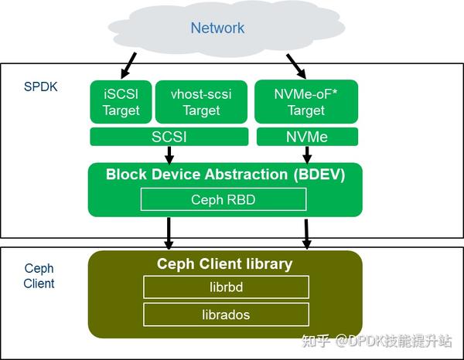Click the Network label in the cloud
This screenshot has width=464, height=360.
click(x=217, y=29)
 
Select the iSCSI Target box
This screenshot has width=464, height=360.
click(x=121, y=102)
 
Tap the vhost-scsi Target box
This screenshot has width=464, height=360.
click(x=201, y=102)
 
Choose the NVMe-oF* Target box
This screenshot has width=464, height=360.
click(x=306, y=102)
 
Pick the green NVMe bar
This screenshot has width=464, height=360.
click(x=306, y=137)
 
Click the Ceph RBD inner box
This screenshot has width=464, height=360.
click(x=223, y=199)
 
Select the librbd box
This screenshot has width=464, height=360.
click(x=226, y=287)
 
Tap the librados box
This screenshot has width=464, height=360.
click(x=226, y=314)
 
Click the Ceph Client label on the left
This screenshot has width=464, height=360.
click(x=39, y=276)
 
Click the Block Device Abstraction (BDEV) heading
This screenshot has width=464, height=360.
click(x=225, y=175)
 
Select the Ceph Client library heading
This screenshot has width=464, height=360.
click(x=225, y=263)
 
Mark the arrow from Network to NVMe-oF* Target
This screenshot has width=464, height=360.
click(x=298, y=64)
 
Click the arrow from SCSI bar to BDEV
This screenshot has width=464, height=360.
click(x=169, y=154)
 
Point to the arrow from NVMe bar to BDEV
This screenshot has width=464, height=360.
click(x=306, y=154)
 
